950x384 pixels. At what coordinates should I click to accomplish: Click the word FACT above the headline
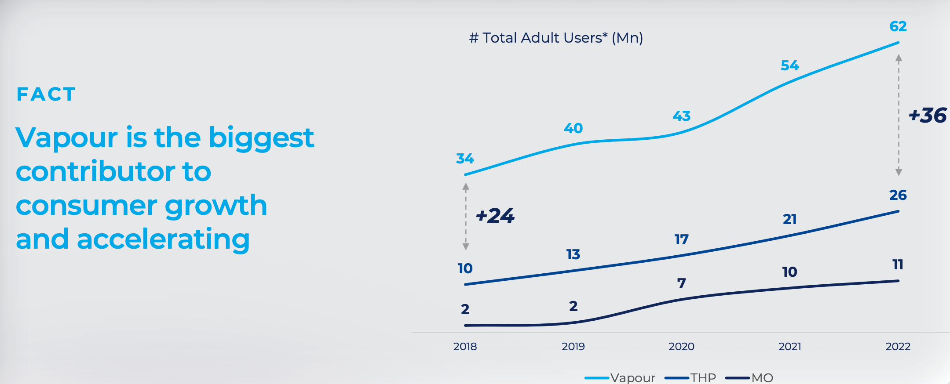click(46, 94)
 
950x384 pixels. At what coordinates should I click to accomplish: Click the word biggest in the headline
click(261, 138)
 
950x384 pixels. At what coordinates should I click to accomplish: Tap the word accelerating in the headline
click(163, 239)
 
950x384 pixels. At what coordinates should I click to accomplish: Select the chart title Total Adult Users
click(556, 38)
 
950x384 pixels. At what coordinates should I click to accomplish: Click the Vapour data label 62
click(898, 26)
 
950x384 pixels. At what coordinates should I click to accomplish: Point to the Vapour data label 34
click(465, 159)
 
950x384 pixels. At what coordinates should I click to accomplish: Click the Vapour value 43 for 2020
click(681, 116)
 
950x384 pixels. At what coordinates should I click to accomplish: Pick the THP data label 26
click(898, 195)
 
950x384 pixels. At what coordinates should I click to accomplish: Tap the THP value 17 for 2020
click(681, 239)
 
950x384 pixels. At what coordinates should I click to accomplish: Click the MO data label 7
click(681, 283)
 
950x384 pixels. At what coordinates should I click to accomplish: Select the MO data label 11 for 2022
click(898, 264)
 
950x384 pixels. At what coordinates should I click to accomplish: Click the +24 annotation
click(495, 216)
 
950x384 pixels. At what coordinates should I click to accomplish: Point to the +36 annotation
click(928, 116)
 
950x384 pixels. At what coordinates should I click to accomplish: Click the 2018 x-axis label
click(465, 347)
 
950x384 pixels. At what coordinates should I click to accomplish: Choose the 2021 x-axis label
click(789, 347)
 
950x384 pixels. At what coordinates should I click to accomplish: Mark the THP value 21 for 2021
click(789, 219)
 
